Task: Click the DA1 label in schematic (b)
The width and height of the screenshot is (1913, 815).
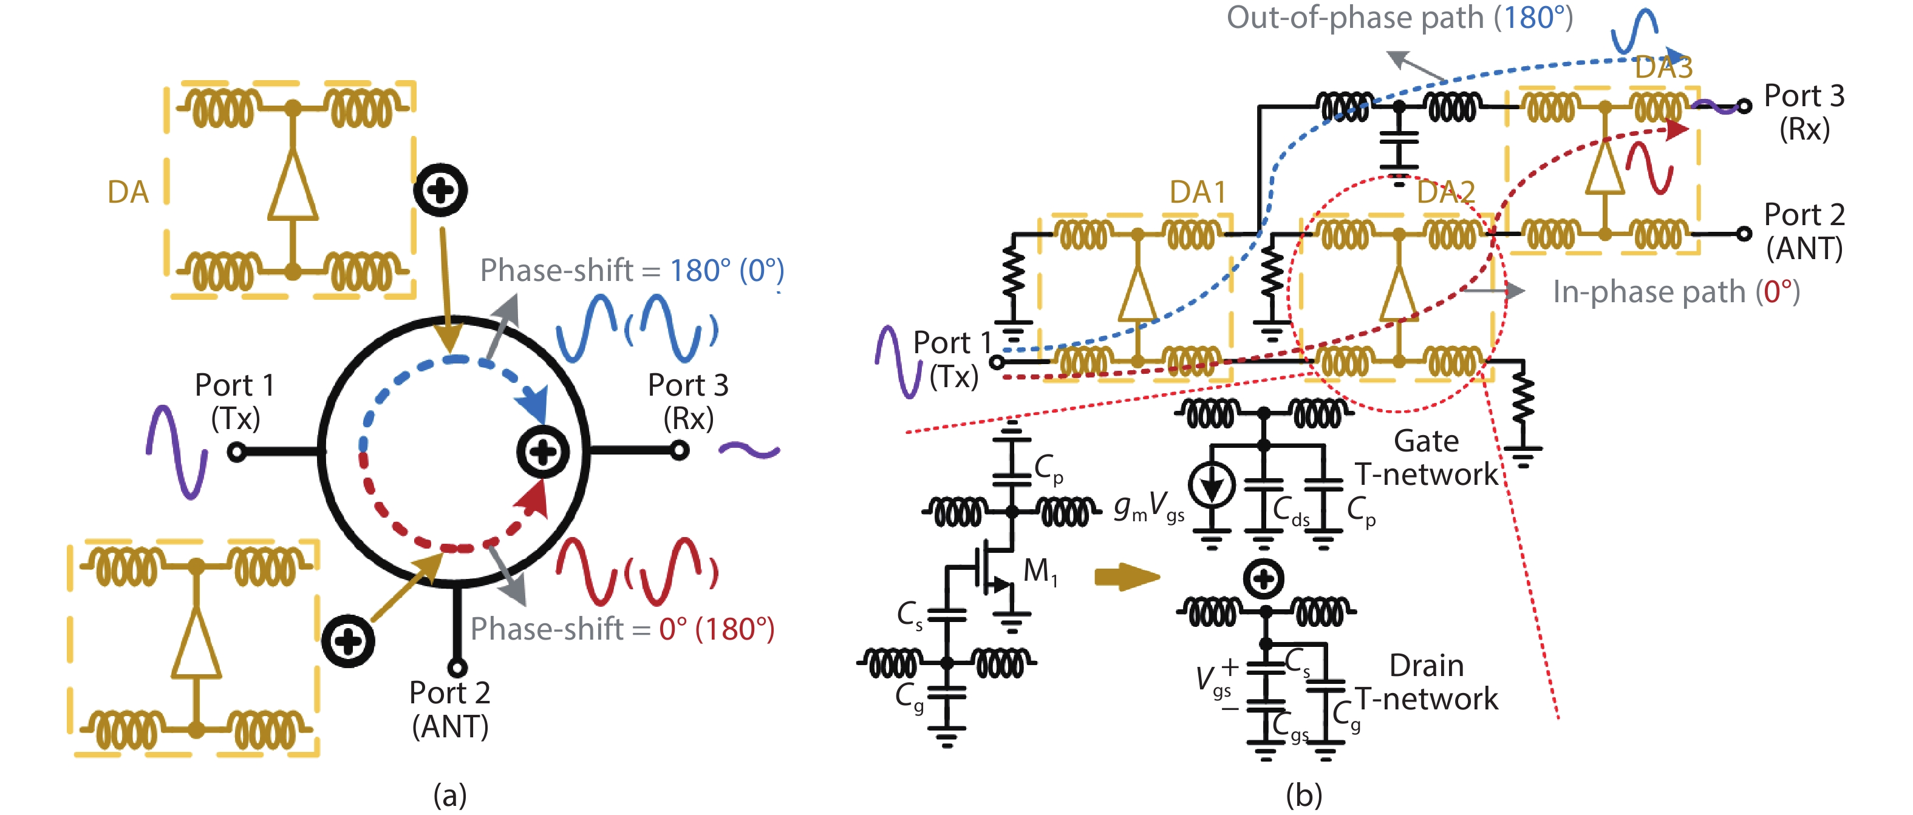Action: [x=1197, y=192]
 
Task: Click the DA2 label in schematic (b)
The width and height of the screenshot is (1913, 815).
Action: [x=1445, y=192]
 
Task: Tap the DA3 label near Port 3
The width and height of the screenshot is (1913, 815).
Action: [x=1663, y=67]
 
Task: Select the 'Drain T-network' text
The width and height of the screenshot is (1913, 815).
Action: [x=1426, y=682]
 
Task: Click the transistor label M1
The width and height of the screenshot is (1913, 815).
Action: [x=1040, y=572]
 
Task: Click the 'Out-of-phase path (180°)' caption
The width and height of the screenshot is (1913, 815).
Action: [x=1399, y=18]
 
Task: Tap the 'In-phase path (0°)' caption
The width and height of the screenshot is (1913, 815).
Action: [x=1676, y=292]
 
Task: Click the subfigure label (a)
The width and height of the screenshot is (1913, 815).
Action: [x=450, y=795]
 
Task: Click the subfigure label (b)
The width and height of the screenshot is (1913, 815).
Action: [x=1303, y=795]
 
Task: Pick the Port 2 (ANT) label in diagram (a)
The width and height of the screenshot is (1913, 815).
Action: [x=450, y=709]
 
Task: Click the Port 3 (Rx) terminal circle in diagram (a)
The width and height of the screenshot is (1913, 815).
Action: [x=679, y=450]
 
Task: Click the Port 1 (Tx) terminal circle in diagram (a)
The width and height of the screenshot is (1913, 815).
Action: [x=237, y=451]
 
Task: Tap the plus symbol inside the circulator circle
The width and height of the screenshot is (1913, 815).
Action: [x=543, y=451]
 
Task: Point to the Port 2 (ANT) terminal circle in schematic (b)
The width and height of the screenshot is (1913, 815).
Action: [x=1744, y=234]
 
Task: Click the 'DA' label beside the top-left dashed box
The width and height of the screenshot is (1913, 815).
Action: [x=128, y=192]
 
